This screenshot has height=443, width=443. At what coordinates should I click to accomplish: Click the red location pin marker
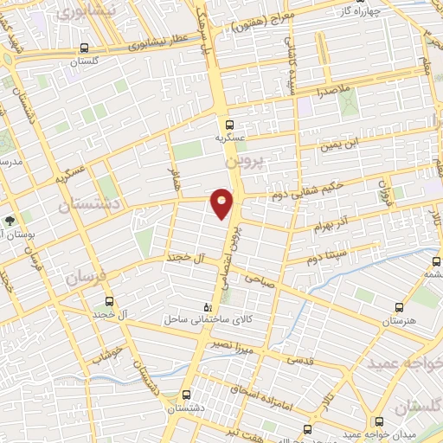tap(222, 202)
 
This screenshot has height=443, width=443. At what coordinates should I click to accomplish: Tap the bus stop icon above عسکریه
tap(230, 125)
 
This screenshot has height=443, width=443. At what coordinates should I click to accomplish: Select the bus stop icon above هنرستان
tap(399, 307)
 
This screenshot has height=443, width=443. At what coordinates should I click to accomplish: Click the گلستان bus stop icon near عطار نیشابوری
tap(84, 48)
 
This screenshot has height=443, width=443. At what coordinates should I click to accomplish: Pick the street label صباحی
tap(259, 279)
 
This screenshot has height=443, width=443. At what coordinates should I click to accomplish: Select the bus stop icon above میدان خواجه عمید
tap(308, 429)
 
